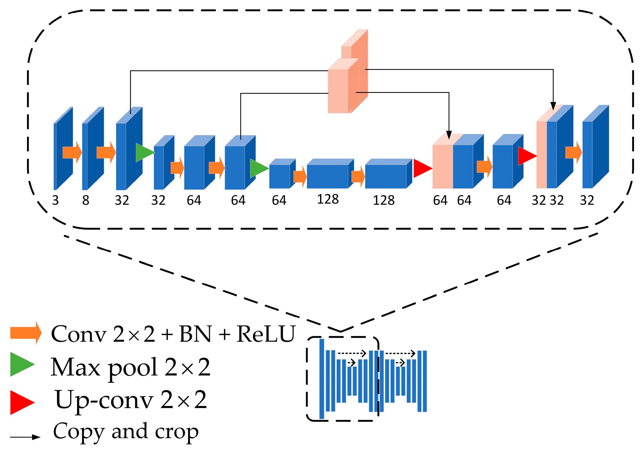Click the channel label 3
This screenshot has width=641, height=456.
[55, 200]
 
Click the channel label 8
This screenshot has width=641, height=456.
[86, 200]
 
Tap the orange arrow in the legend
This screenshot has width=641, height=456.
[26, 333]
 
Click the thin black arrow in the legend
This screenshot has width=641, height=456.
[25, 437]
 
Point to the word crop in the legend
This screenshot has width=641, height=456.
[177, 432]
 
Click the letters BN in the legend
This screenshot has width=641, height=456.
[195, 334]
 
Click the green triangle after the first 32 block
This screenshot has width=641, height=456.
[144, 152]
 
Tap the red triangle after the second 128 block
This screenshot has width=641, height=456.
[422, 168]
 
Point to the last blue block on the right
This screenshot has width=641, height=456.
[596, 148]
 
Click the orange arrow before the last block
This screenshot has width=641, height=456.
[573, 152]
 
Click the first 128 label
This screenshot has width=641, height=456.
[328, 199]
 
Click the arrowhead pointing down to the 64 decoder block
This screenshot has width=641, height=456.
[449, 135]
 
